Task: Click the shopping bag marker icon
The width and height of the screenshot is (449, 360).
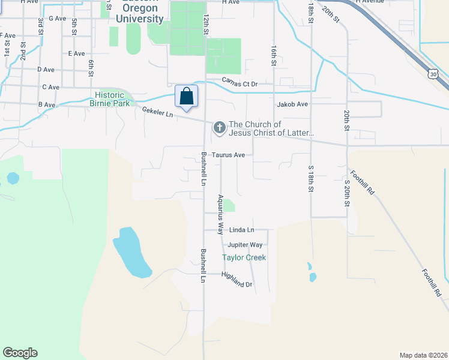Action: pos(186,96)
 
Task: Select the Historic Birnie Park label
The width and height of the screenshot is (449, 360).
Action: pos(109,99)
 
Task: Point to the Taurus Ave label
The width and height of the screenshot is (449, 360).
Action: pos(231,155)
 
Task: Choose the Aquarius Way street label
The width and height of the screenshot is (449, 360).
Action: pos(220,214)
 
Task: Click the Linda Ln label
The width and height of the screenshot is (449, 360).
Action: pos(242,230)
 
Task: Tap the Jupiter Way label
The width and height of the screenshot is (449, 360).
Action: pos(245,245)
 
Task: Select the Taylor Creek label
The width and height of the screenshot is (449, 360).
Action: pos(244,257)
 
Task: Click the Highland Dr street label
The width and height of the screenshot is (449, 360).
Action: pos(237,279)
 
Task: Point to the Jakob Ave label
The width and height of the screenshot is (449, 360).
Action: pos(292,104)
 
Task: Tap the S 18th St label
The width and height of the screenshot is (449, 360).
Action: pos(311,178)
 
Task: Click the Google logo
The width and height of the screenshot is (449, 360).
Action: pos(20,353)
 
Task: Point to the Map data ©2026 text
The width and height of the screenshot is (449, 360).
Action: pos(423,355)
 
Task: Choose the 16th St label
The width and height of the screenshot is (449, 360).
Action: pos(274,55)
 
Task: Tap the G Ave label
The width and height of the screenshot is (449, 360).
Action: pos(58,19)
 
